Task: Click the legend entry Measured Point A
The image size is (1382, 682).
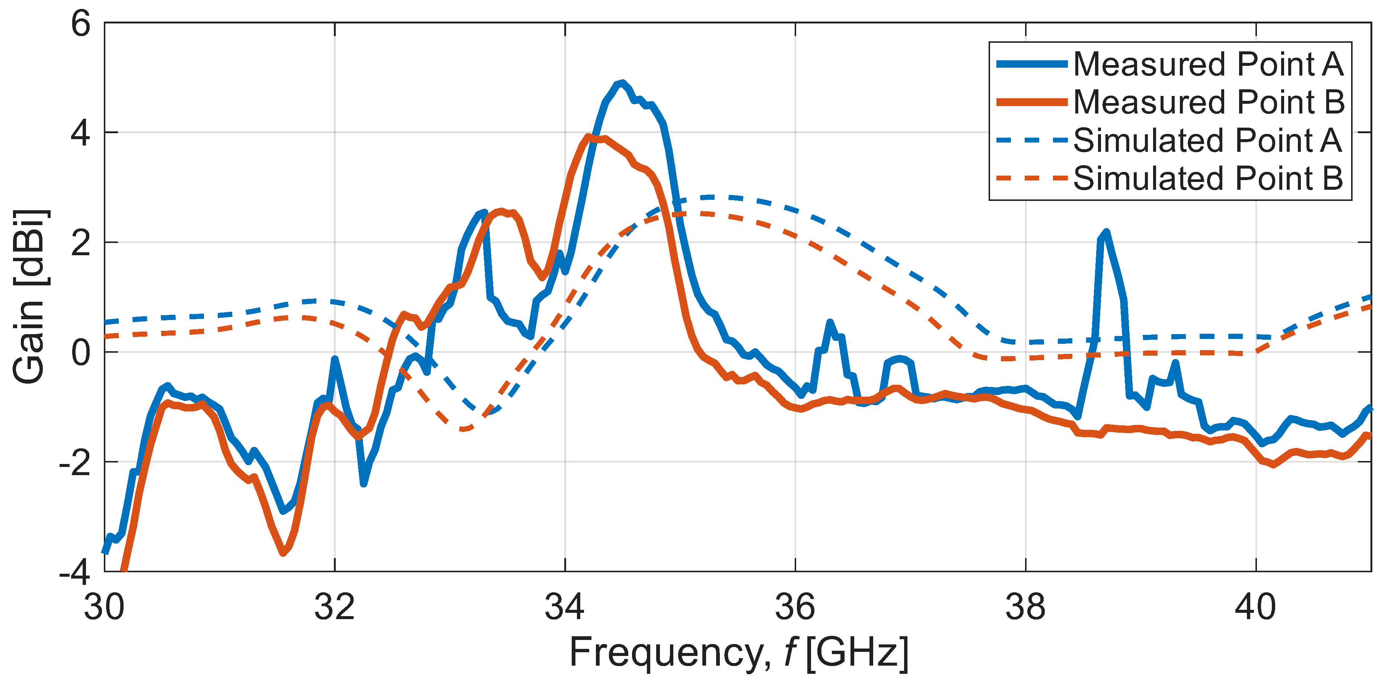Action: click(1207, 64)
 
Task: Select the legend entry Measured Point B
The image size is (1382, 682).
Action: click(1208, 102)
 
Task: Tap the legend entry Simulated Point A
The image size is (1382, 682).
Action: click(1207, 141)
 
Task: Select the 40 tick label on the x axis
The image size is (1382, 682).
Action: click(1255, 608)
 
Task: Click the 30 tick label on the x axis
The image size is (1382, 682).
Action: click(104, 608)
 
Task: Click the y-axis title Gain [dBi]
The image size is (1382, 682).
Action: click(29, 297)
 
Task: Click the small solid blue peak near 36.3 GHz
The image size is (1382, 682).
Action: click(830, 322)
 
